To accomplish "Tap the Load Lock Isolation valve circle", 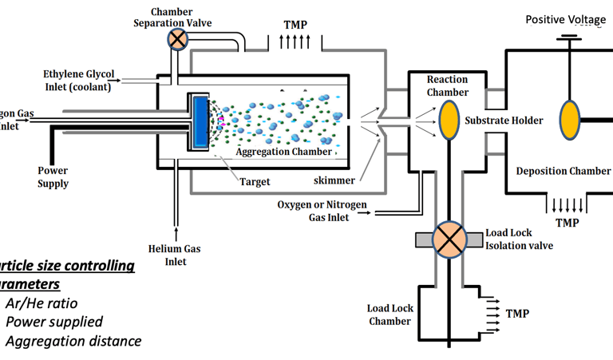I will coord(450,239).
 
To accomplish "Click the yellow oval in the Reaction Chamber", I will coord(449,117).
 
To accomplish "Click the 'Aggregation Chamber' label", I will coord(283,152).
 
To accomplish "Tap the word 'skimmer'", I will coord(334,181).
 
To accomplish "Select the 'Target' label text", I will coord(255,182).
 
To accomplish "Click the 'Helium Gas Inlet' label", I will coord(174,255).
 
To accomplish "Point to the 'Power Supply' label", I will coord(53,177).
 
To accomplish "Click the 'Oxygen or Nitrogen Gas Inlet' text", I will coord(322,211).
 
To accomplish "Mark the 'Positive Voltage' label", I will coord(566,19).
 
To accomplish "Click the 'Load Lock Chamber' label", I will coord(389,315).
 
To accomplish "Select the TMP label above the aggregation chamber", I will coord(295,25).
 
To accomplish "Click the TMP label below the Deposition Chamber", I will coord(568,223).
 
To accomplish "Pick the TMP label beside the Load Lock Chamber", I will coord(517,314).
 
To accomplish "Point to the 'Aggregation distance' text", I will coord(73,341).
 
